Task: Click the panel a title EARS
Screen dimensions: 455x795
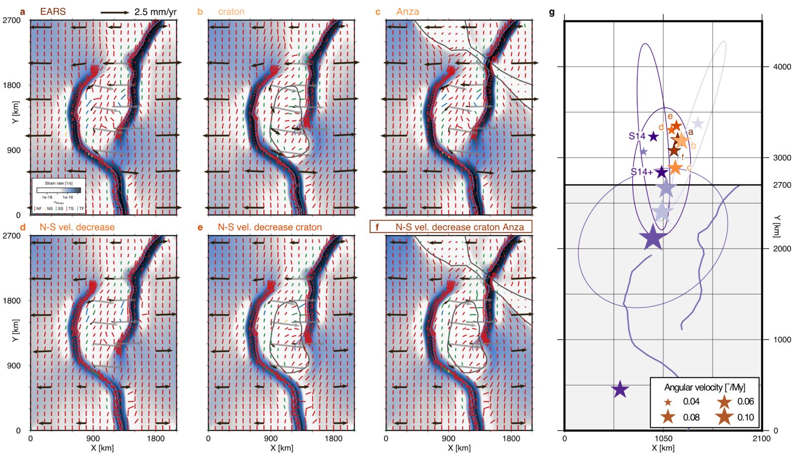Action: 53,11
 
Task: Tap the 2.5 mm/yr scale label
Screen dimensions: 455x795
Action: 155,12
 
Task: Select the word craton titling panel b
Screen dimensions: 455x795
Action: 231,11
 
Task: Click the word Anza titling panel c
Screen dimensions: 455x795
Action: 407,11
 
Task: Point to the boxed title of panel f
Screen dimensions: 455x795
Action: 451,227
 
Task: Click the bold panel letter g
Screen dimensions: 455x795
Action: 552,12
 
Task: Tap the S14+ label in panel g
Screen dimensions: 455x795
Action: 641,172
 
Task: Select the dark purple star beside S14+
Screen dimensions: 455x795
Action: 661,172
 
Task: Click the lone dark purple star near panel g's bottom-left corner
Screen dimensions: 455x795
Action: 620,389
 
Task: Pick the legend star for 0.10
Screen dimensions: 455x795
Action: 724,417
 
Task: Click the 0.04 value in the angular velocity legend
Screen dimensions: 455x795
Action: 691,402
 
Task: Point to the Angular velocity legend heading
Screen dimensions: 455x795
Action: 705,387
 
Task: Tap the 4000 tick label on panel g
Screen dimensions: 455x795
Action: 782,67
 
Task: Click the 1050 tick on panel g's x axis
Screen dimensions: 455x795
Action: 663,439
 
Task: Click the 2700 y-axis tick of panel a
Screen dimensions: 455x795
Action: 12,20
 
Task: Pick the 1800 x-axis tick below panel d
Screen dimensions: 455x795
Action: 156,439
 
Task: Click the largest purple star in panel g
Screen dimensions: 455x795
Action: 653,237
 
